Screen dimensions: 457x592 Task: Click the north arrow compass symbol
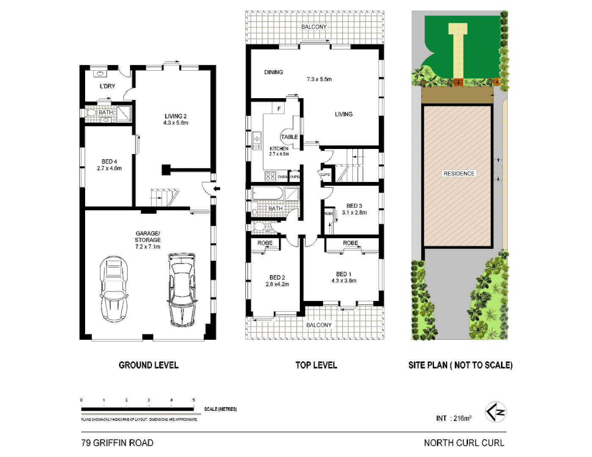pos(495,412)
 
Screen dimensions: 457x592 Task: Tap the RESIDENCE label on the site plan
pos(459,173)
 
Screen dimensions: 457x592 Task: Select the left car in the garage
pos(113,289)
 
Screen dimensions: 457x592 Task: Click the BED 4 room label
pos(109,165)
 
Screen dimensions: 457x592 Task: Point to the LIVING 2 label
pos(176,119)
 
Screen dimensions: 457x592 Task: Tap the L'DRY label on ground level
pos(107,86)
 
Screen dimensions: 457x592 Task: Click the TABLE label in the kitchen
pos(289,137)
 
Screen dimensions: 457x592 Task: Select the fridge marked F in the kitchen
pos(279,109)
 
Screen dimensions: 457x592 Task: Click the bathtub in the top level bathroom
pos(268,194)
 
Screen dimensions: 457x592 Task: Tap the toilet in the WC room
pos(259,227)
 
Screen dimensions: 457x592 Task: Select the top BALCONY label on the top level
pos(314,27)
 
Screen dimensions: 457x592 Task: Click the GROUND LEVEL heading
pos(148,365)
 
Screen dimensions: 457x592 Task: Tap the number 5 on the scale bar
pos(194,400)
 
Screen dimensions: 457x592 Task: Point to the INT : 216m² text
pos(454,418)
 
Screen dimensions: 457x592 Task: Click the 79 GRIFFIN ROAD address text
pos(117,443)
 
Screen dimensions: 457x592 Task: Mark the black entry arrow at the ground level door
pos(216,189)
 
